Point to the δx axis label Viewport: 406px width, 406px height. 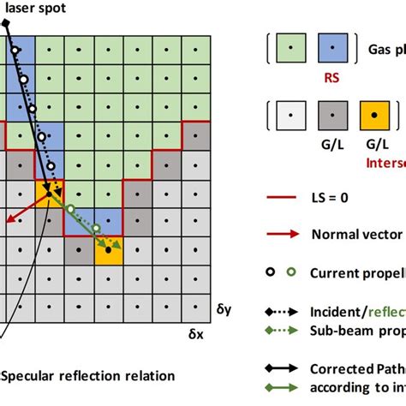click(196, 329)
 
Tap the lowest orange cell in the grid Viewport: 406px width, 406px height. click(109, 251)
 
